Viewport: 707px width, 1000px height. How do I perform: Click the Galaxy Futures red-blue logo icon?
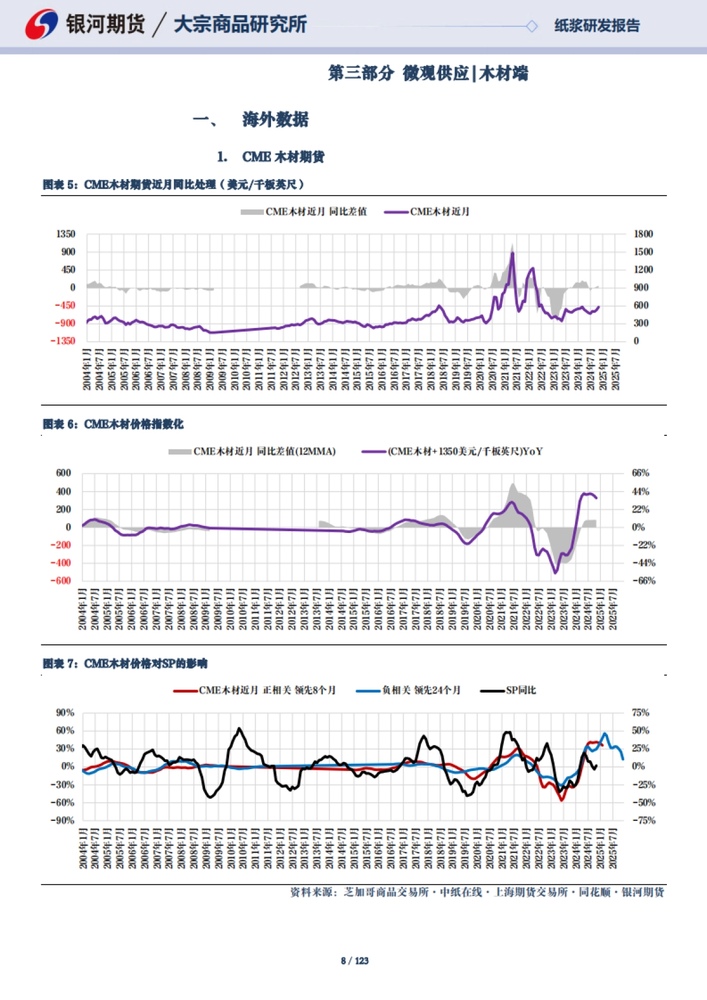coord(41,25)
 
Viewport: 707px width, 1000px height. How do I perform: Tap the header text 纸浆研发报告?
coord(597,26)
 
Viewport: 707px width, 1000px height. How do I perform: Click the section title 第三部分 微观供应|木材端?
coord(428,74)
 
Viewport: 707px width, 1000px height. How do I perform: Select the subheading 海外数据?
coord(275,120)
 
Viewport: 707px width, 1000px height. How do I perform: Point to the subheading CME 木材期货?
coord(283,157)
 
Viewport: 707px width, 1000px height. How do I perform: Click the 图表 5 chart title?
coord(173,184)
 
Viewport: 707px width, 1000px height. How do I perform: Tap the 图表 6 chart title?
coord(113,424)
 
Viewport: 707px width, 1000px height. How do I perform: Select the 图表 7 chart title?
coord(125,664)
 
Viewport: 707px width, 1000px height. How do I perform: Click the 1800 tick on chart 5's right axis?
coord(643,234)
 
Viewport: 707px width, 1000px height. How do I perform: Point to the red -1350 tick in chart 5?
coord(63,340)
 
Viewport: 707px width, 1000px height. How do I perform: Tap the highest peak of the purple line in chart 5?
coord(513,253)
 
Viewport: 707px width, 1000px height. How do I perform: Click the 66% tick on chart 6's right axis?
coord(640,473)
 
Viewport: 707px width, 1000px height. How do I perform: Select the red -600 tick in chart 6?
coord(64,580)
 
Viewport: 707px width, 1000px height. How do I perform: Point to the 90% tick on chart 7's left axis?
coord(65,713)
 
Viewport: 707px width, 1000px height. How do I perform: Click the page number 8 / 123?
coord(354,961)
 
